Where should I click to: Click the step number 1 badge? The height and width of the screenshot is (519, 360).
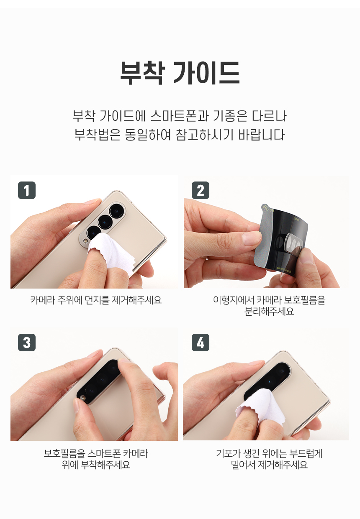tap(27, 190)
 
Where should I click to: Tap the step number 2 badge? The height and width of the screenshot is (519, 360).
tap(201, 190)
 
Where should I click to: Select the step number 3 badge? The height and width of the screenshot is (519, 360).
tap(27, 343)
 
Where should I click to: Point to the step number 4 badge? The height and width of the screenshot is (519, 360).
tap(201, 343)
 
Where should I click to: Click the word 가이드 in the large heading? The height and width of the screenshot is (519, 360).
tap(207, 73)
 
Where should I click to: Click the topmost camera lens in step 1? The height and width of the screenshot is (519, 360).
tap(116, 211)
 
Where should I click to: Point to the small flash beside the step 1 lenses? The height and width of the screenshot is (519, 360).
tap(85, 241)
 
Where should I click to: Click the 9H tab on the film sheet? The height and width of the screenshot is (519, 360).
tap(266, 209)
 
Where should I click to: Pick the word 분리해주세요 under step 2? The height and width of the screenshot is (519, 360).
tap(269, 311)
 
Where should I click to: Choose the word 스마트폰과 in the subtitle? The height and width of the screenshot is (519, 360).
tap(180, 116)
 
